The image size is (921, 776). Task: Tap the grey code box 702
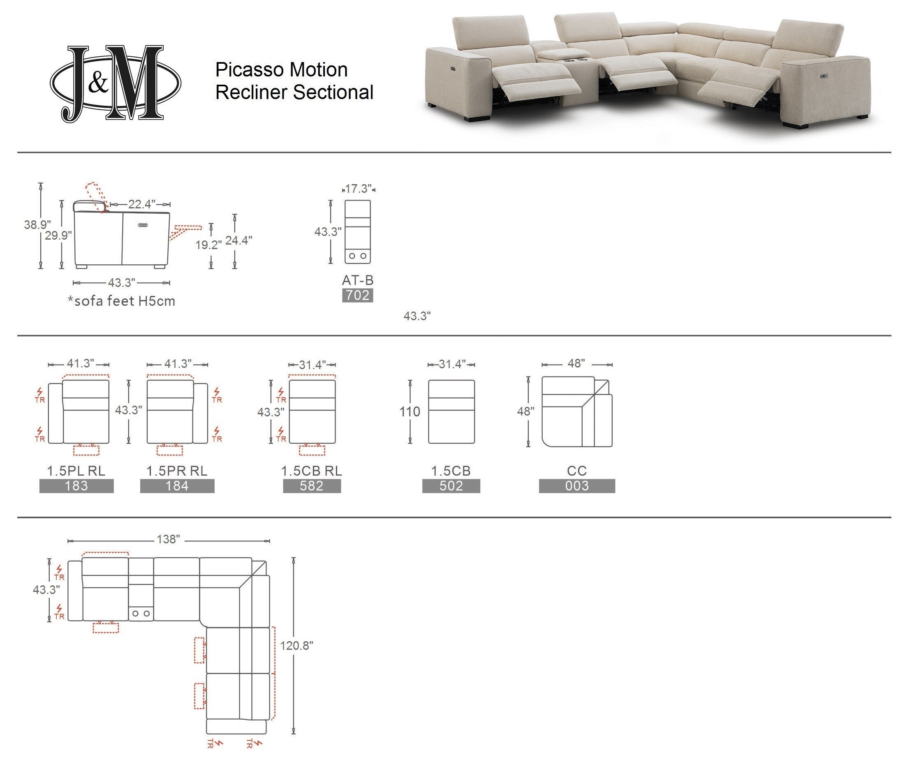[x=357, y=295]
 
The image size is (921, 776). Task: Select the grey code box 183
[x=76, y=486]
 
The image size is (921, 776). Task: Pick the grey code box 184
[x=177, y=486]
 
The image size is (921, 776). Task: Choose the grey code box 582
[x=312, y=486]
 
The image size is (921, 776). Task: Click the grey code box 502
[x=451, y=486]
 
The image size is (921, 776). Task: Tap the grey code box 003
[x=576, y=486]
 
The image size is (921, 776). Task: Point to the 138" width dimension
[x=169, y=539]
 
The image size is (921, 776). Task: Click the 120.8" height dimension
[x=296, y=645]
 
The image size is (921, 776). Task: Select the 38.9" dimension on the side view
[x=37, y=225]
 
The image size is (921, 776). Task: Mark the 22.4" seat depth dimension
[x=141, y=204]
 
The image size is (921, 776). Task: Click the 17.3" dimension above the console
[x=358, y=189]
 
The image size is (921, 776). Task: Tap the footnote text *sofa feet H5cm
[x=121, y=301]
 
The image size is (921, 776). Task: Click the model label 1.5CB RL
[x=312, y=471]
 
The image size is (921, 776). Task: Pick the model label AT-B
[x=357, y=280]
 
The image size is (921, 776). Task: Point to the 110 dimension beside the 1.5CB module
[x=410, y=412]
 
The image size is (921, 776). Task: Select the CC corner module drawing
[x=576, y=412]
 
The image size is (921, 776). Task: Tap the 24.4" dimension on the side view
[x=238, y=240]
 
